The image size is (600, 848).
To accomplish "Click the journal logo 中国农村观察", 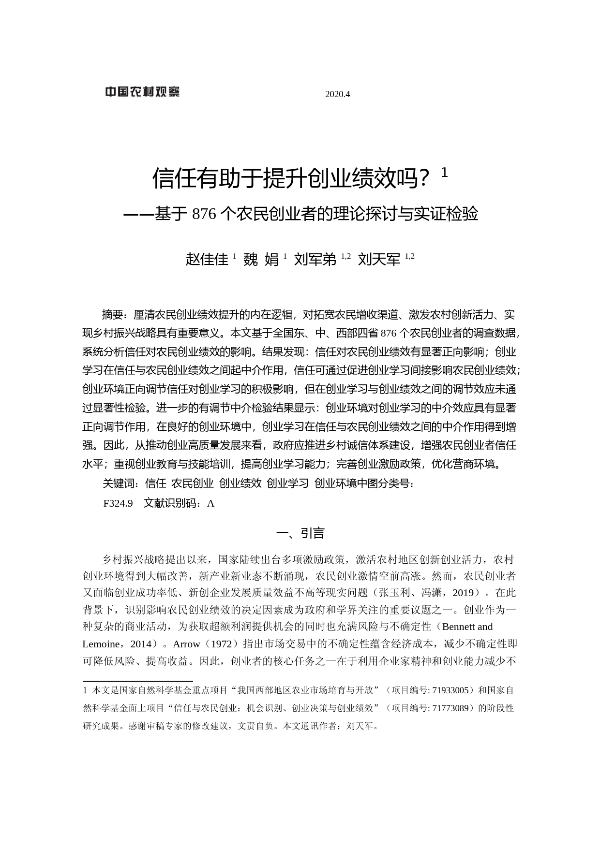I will click(x=142, y=92).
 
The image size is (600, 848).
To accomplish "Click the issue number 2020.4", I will click(x=337, y=94).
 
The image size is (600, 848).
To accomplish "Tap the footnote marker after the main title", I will click(x=445, y=173).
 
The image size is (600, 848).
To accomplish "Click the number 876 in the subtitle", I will click(x=204, y=214).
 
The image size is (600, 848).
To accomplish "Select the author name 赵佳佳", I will click(x=207, y=260).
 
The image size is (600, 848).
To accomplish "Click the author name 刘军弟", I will click(x=315, y=260).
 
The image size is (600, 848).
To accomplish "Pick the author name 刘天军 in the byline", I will click(x=379, y=260).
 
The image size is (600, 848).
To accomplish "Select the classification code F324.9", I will click(x=118, y=503).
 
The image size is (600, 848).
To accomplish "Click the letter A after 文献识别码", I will click(x=210, y=503).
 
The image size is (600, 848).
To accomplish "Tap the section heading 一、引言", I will click(x=300, y=533).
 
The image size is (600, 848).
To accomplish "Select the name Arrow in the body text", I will click(x=186, y=644).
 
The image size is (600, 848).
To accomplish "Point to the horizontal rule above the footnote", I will click(x=138, y=681).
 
